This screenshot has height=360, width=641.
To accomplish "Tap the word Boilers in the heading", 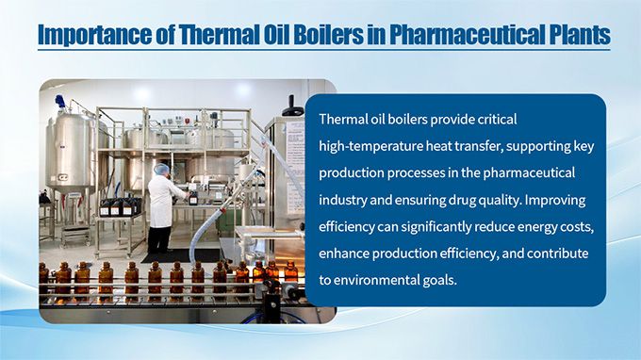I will pyautogui.click(x=320, y=36).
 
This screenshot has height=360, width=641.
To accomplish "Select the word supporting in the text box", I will pyautogui.click(x=477, y=147).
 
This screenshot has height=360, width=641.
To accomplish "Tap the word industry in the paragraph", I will pyautogui.click(x=345, y=200).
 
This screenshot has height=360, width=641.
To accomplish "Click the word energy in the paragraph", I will pyautogui.click(x=540, y=227).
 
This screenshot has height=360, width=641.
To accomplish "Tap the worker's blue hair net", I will pyautogui.click(x=161, y=169).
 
